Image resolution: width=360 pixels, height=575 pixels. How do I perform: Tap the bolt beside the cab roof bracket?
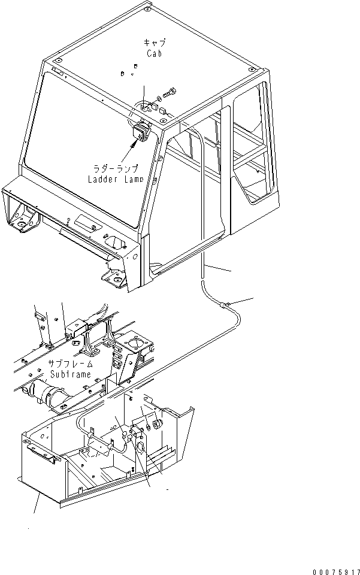(x=171, y=93)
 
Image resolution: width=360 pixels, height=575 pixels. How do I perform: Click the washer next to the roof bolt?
(x=159, y=98)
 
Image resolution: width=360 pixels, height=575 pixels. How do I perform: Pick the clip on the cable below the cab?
(x=225, y=305)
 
